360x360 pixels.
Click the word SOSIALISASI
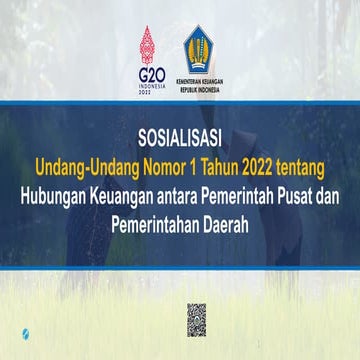tap(181, 138)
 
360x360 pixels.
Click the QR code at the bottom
tap(196, 319)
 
